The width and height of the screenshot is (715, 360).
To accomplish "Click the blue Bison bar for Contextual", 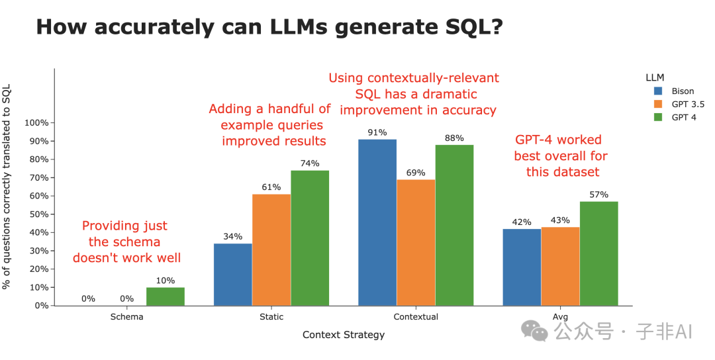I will point(377,222).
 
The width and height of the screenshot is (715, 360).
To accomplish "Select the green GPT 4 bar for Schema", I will point(166,296).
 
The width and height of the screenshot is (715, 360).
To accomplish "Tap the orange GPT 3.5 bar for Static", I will point(271,249).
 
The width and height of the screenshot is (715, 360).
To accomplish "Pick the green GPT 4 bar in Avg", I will point(598,253).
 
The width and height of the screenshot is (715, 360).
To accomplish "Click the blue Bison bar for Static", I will point(232,275).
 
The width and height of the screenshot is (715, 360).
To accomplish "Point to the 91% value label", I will point(377,132).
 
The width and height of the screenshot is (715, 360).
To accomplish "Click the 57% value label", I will point(598,195).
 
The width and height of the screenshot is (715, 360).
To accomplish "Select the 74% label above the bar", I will point(310,163).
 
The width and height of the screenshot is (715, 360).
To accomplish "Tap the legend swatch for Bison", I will point(658,91).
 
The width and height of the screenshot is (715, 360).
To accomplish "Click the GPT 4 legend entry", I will point(683,118).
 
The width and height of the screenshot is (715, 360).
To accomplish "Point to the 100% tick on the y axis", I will point(36,123).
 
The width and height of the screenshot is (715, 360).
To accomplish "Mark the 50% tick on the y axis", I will point(38,214).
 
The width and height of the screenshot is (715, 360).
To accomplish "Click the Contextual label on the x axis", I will point(416,317).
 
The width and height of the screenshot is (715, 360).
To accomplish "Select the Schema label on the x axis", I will point(127,317).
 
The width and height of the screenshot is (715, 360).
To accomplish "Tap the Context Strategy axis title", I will point(343,335).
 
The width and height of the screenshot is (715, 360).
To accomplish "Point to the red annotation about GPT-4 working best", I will point(561,156).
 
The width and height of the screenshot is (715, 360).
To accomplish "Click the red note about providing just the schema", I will point(126,242).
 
